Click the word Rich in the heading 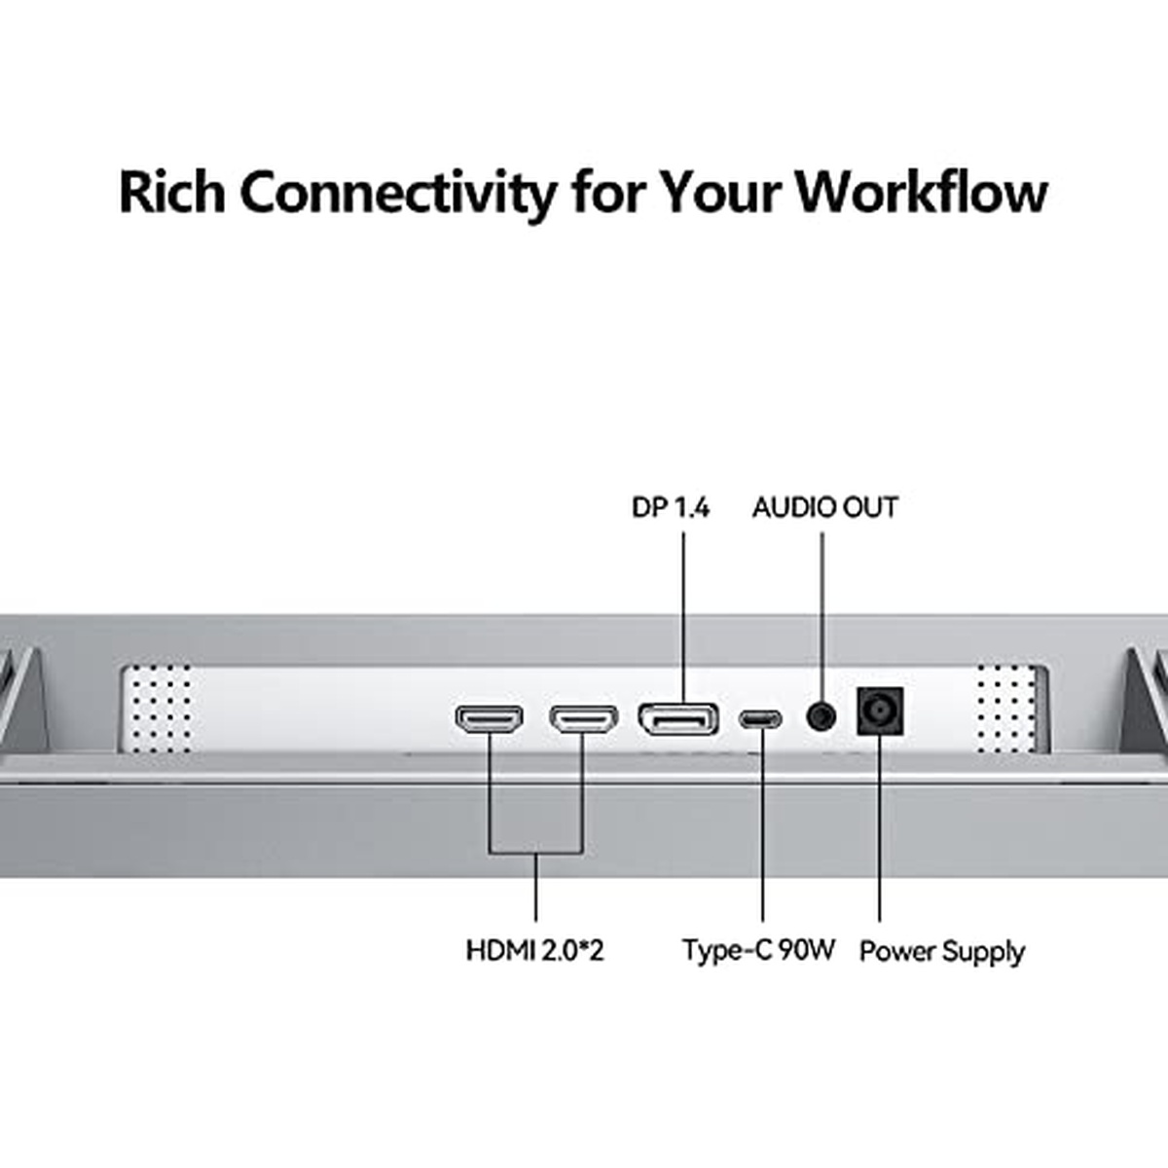point(172,192)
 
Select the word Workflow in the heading point(920,192)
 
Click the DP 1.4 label point(671,507)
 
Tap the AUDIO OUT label point(824,507)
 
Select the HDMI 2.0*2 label point(534,950)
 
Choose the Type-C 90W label point(758,950)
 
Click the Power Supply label point(941,951)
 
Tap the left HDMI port point(489,719)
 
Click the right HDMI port point(583,719)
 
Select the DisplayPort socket point(677,719)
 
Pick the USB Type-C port point(759,719)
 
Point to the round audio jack point(821,717)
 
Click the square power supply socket point(879,712)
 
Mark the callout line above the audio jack point(821,613)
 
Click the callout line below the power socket point(879,827)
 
